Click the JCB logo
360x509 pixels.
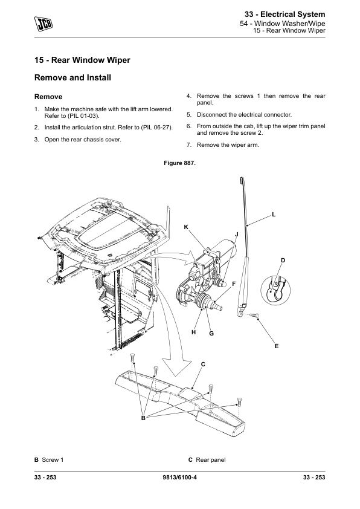(43, 24)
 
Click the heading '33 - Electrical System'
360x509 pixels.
(284, 15)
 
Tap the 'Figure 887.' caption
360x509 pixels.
(179, 163)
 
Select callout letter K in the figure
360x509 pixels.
(186, 227)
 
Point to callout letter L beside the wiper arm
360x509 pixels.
(274, 215)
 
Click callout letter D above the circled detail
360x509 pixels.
(283, 261)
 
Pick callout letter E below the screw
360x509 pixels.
(277, 346)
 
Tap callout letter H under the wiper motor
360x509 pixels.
(194, 332)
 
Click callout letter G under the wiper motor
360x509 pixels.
(211, 333)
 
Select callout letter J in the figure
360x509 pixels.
(237, 235)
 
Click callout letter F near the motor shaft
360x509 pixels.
(234, 284)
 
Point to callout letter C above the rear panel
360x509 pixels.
(203, 365)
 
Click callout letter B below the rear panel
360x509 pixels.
(143, 418)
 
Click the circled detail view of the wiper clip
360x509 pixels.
(275, 290)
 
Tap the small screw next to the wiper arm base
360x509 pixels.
(254, 315)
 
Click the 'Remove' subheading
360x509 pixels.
(48, 97)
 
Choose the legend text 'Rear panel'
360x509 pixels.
(211, 459)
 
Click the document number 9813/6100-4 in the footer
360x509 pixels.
(179, 477)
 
